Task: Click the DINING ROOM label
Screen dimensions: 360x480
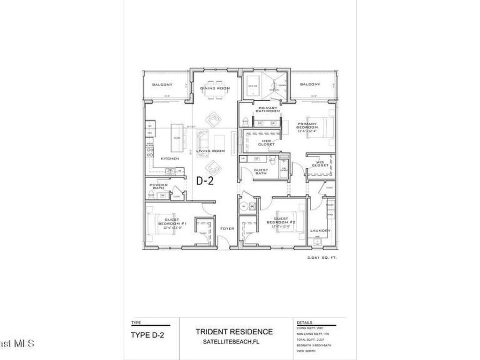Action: (215, 88)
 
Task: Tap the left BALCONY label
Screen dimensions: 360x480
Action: (162, 84)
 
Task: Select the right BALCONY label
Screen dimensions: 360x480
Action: (310, 84)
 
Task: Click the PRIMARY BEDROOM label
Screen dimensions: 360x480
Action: (307, 126)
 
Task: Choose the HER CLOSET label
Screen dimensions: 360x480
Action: (266, 142)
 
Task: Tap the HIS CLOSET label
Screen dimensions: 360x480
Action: (321, 164)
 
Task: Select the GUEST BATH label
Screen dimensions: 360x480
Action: (261, 172)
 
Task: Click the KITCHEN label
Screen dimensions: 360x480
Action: (170, 158)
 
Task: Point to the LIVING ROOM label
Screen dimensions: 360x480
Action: (210, 151)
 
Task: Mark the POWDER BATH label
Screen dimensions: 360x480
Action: (158, 186)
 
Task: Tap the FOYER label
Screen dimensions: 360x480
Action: (227, 229)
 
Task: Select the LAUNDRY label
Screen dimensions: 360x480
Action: (320, 230)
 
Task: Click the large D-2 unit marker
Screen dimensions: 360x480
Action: (204, 180)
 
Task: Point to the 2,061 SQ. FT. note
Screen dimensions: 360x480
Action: (322, 257)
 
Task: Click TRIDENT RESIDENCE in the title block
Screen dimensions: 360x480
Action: (234, 332)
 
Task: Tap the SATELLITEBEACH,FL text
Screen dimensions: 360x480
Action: (234, 342)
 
